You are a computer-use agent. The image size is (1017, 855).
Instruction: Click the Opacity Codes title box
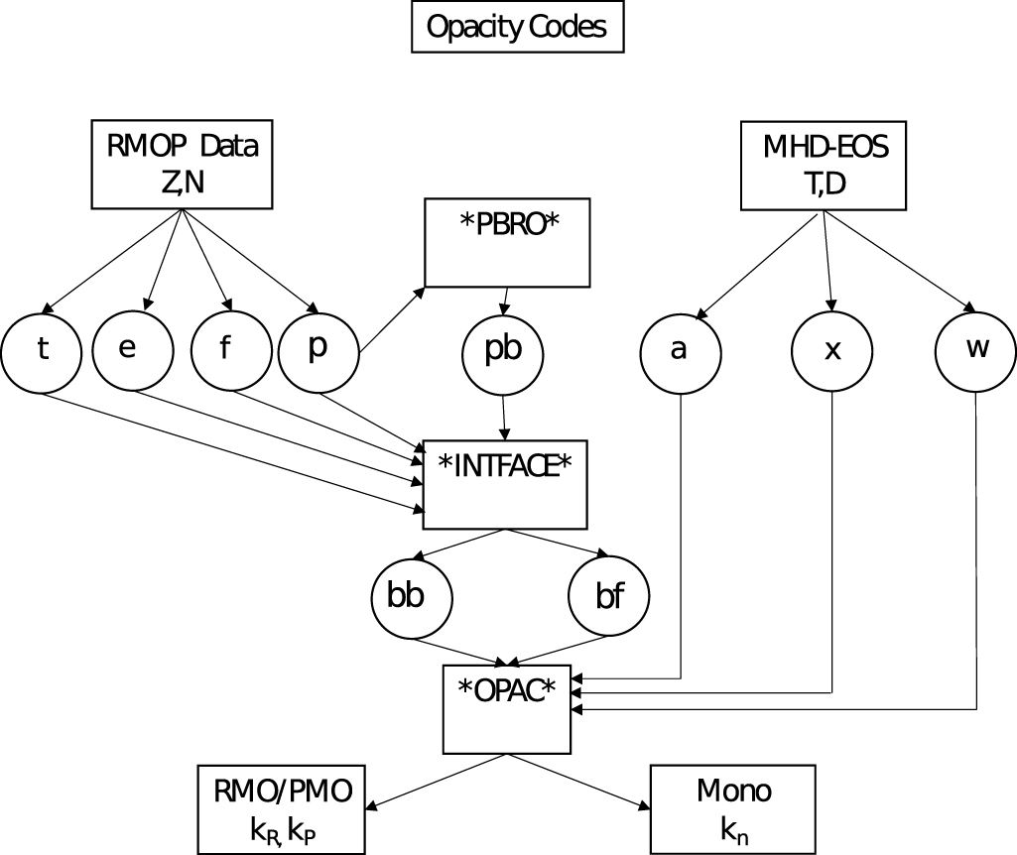click(x=516, y=27)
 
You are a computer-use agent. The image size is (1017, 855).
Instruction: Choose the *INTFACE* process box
click(x=506, y=483)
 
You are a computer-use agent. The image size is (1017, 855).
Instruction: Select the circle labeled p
click(x=318, y=351)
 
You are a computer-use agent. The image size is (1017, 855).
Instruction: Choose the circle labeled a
click(x=680, y=352)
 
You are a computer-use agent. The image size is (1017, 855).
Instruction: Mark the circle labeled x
click(x=831, y=352)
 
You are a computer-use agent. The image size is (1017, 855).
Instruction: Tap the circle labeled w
click(x=976, y=351)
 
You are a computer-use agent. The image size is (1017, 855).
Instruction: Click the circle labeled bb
click(x=412, y=598)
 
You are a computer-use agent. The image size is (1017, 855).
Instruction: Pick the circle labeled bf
click(x=608, y=598)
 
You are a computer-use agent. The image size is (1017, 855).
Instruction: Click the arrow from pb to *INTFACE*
click(x=506, y=417)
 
